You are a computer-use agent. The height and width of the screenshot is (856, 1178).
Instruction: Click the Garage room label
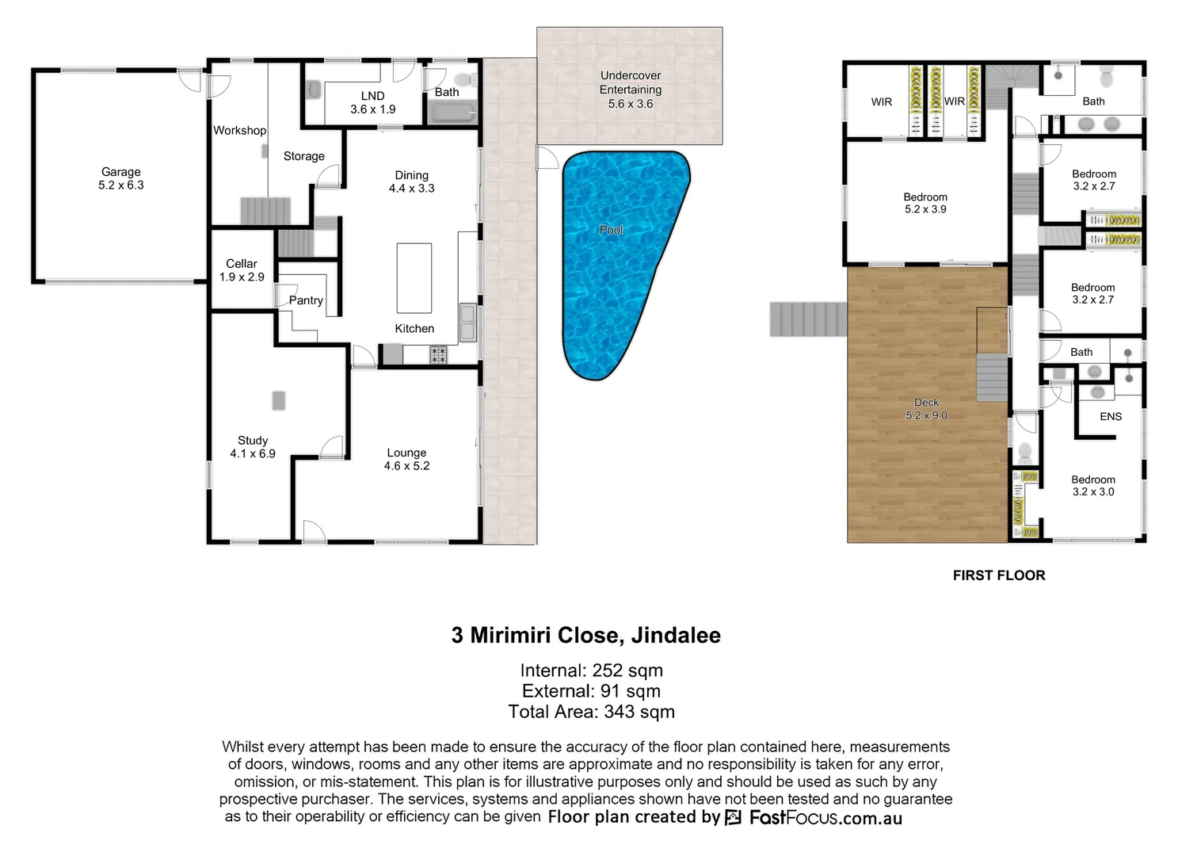click(121, 172)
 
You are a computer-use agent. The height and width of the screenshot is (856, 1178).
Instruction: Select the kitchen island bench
click(414, 278)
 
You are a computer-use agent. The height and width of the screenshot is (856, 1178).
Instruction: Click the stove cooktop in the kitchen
click(438, 354)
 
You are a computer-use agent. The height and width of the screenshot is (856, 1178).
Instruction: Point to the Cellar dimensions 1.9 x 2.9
click(242, 277)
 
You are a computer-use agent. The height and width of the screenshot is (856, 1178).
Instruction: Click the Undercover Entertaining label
click(631, 82)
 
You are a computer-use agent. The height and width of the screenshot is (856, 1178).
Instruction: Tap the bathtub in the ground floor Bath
click(452, 113)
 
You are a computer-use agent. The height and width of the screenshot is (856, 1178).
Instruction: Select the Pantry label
click(306, 300)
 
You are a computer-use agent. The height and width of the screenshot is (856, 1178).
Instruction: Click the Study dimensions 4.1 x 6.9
click(253, 453)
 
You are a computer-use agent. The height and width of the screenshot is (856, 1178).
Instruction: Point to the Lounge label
click(406, 453)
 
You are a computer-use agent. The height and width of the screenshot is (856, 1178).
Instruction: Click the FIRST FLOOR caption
click(998, 575)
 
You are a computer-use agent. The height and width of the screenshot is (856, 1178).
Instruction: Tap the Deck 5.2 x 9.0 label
click(926, 409)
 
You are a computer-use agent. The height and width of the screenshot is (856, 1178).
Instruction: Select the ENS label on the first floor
click(1110, 416)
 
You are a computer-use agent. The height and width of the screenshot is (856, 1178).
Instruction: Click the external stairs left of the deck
click(808, 319)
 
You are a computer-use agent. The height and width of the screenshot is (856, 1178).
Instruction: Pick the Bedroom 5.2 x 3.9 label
click(925, 203)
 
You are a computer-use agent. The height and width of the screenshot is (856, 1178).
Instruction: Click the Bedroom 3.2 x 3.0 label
click(1093, 485)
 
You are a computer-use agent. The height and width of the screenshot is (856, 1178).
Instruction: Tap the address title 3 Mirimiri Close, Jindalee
click(586, 636)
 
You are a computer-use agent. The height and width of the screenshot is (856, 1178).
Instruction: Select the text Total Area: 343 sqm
click(591, 712)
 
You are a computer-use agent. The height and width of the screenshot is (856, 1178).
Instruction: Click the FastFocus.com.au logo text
click(825, 818)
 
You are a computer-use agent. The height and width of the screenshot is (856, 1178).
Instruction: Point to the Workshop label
click(239, 131)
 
